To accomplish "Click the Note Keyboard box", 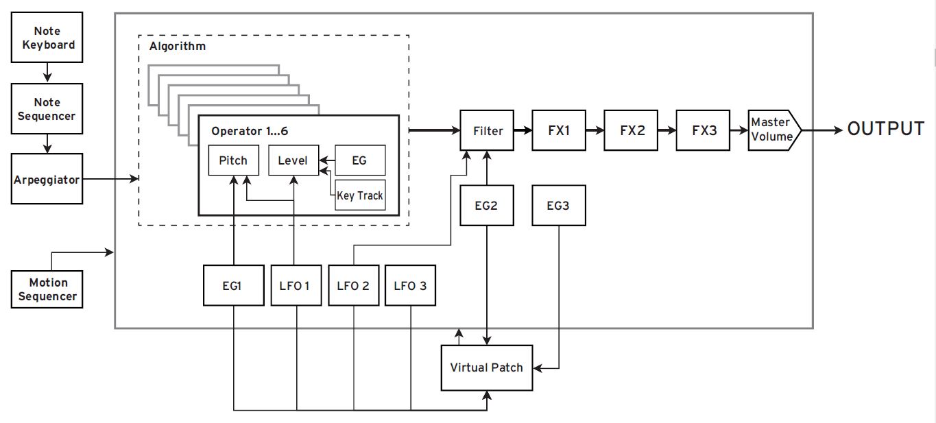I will (x=47, y=38).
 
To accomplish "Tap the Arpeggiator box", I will (x=47, y=180).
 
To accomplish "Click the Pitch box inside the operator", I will (x=234, y=161).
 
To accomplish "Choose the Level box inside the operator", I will (x=293, y=161).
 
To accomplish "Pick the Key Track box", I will (x=360, y=195).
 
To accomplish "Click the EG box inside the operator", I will (x=359, y=161).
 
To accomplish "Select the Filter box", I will (x=487, y=130).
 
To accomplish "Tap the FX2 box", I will (x=632, y=130).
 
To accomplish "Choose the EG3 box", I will (x=559, y=205).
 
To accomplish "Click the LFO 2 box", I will (x=354, y=285).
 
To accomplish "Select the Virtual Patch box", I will (x=486, y=367).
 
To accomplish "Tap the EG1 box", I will (x=234, y=285).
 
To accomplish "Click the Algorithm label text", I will (x=177, y=47).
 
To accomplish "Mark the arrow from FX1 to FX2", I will (x=595, y=130).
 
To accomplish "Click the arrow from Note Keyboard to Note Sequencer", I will (x=47, y=71).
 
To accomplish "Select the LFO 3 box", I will (x=411, y=285).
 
